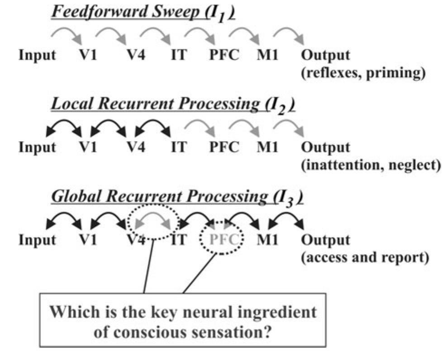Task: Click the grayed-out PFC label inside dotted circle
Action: pos(222,239)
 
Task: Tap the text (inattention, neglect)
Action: pos(371,165)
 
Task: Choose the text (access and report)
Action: pos(365,257)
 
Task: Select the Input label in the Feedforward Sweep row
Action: pos(38,56)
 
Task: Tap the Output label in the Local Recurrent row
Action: pos(326,148)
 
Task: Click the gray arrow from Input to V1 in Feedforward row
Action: pos(66,35)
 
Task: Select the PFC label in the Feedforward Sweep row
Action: pos(224,56)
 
